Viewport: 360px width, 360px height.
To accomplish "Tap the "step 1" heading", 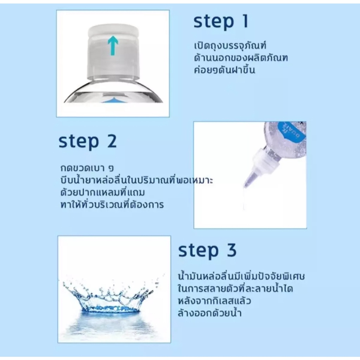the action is coord(221,21).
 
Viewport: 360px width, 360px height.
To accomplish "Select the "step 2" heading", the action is coord(88,141).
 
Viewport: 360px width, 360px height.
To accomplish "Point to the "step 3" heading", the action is coord(207,250).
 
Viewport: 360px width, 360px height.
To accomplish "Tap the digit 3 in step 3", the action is coord(232,250).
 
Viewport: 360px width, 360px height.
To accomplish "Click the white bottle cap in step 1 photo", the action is coord(114,51).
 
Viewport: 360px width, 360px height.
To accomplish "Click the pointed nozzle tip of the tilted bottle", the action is coord(244,186).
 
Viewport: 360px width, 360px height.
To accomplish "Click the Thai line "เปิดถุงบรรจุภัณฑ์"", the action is coord(230,45).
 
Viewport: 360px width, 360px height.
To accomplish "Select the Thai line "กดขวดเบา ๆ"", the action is coord(87,168).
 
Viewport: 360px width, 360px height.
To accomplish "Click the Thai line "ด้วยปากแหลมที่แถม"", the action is coord(103,192).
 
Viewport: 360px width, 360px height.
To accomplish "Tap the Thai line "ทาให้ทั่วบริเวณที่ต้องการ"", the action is coord(112,204).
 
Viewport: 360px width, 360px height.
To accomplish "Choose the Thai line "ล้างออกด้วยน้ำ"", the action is coord(210,313).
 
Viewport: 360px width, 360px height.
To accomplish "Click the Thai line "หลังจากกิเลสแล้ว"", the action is coord(214,301).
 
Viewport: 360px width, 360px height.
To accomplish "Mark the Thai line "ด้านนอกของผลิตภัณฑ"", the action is coord(240,58).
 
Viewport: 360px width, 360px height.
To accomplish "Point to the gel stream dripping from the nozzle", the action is coord(244,198).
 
